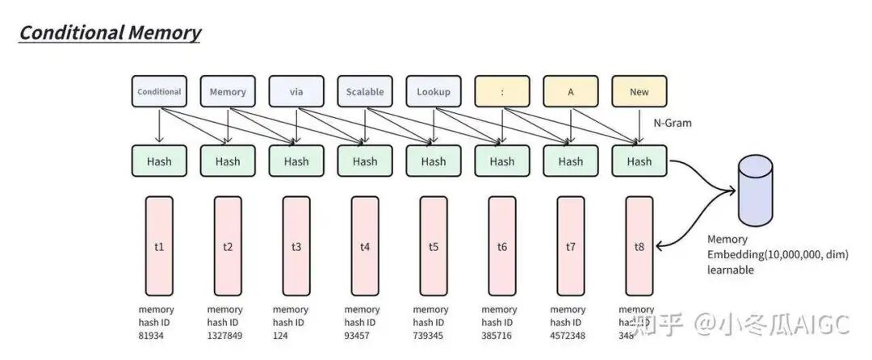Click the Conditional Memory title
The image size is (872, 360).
coord(110,33)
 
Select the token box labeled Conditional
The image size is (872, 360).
coord(159,92)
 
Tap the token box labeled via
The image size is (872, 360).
coord(296,92)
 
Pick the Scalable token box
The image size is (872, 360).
coord(365,92)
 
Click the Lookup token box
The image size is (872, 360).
coord(434,92)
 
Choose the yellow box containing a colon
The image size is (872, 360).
coord(502,92)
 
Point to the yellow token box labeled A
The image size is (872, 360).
coord(571,92)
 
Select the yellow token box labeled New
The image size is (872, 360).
coord(639,92)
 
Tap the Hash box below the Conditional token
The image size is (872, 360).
coord(159,161)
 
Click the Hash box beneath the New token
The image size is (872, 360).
coord(639,161)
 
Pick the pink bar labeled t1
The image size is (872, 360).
coord(159,245)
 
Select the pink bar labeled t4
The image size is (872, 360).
coord(365,245)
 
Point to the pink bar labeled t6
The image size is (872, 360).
coord(502,245)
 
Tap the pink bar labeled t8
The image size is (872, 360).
coord(639,245)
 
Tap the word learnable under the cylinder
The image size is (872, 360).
coord(731,270)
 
